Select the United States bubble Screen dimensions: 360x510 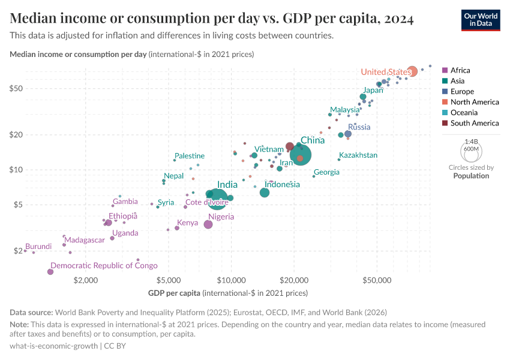coord(412,72)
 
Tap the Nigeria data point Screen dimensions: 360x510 coord(208,224)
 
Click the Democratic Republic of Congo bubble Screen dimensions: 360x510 coord(50,272)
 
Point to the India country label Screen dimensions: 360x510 coord(227,185)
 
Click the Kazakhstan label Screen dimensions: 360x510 coord(358,155)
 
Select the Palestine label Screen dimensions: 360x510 coord(190,156)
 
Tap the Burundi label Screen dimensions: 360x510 coord(38,247)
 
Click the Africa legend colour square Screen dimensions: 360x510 coord(445,70)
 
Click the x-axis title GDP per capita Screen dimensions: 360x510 coord(174,293)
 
